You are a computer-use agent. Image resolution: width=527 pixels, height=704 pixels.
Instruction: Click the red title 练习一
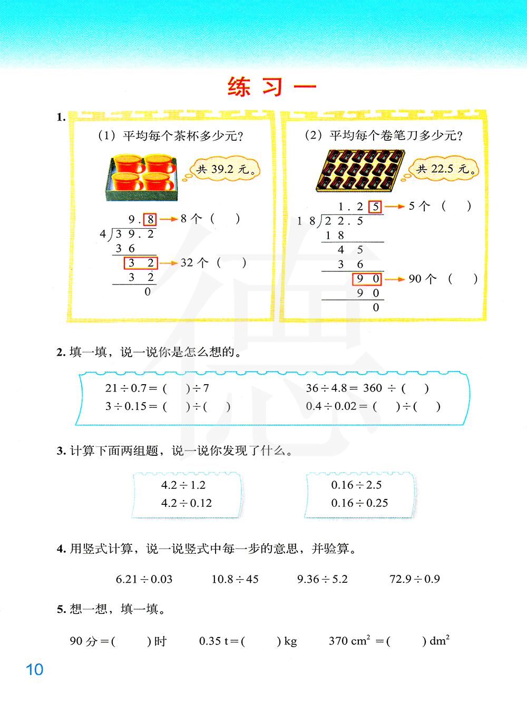point(271,87)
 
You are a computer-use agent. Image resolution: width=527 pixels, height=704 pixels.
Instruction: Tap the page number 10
point(34,670)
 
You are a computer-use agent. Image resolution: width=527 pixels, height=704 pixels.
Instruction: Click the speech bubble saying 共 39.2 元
point(226,170)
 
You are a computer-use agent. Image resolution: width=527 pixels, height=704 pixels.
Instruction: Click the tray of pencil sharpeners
point(360,170)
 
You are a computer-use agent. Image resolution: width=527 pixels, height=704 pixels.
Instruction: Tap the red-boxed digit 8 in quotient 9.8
point(150,219)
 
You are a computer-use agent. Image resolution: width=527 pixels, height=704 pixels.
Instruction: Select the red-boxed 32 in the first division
point(141,263)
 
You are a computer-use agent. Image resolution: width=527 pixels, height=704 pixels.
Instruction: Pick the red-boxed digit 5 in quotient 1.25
point(375,207)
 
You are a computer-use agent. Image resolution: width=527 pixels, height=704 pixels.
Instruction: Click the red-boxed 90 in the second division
point(367,279)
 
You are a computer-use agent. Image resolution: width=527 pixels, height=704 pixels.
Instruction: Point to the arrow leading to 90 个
point(394,279)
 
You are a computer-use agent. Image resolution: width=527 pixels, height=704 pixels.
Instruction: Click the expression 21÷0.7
point(126,388)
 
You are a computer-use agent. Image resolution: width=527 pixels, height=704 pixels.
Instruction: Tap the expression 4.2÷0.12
point(186,503)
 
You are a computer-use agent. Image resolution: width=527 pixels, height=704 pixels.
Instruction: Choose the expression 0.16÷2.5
point(356,485)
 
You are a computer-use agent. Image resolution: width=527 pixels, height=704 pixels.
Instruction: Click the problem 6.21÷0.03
point(144,579)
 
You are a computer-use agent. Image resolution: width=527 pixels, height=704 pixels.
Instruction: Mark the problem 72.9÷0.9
point(414,579)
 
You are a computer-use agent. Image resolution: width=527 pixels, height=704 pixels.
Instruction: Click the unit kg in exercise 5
point(290,641)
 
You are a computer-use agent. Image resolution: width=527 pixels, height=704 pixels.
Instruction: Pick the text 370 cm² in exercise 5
point(349,641)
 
